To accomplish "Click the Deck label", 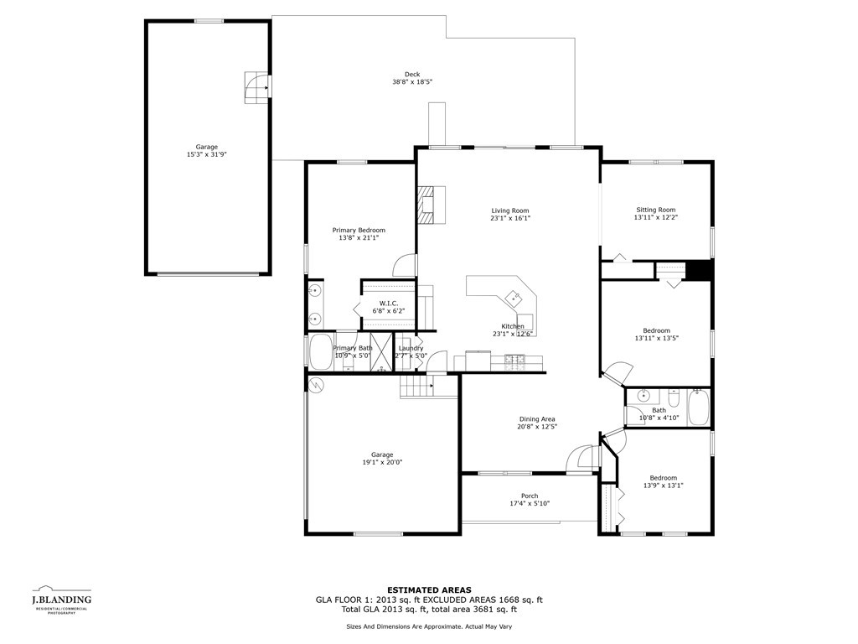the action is [x=412, y=75].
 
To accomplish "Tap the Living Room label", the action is [x=510, y=210].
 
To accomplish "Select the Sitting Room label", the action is [x=655, y=210].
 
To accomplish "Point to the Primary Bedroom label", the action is [x=359, y=231].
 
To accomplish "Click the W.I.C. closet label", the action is [x=389, y=304].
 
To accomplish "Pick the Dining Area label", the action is [x=537, y=419].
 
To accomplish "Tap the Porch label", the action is [x=530, y=496].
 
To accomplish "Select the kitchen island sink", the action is [x=514, y=298].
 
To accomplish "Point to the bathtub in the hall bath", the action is [x=698, y=407].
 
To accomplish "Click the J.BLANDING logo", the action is [x=61, y=599].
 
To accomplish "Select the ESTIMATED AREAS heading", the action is [x=429, y=590].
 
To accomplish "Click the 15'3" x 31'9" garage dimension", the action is [x=207, y=155].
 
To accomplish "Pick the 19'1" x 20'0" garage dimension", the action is [x=382, y=462].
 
